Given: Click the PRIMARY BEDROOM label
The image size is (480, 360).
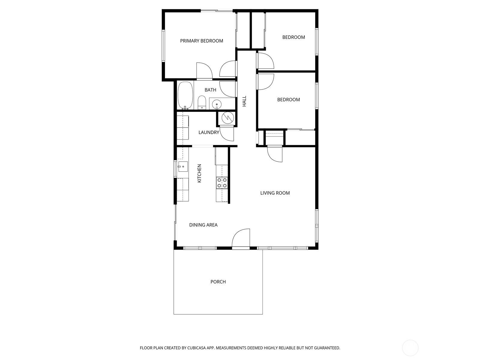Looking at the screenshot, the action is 201,41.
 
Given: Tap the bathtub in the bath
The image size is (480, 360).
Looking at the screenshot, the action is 185,95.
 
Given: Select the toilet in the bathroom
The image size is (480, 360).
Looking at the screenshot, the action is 202,103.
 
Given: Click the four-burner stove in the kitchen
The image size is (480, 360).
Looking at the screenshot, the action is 222,183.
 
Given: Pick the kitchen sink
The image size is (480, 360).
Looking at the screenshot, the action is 182,166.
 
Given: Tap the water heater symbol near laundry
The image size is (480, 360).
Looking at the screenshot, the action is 228,118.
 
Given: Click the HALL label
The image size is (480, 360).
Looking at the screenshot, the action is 244,101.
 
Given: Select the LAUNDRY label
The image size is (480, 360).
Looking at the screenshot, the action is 208,132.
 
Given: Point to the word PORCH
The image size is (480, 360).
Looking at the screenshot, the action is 218,282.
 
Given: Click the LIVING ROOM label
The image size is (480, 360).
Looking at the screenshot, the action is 275,193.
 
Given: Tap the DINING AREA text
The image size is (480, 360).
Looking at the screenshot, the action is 203,225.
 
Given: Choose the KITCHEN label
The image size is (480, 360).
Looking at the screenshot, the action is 199,173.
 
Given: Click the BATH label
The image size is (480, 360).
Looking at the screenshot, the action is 210,90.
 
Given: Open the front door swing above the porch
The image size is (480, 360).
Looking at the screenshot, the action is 241,238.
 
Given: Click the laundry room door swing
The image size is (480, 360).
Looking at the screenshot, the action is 227,134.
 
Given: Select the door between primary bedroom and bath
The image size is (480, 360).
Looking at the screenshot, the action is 205,71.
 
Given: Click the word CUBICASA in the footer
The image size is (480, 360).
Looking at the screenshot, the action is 196,348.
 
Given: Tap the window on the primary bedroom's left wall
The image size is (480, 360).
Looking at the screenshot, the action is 163,46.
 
